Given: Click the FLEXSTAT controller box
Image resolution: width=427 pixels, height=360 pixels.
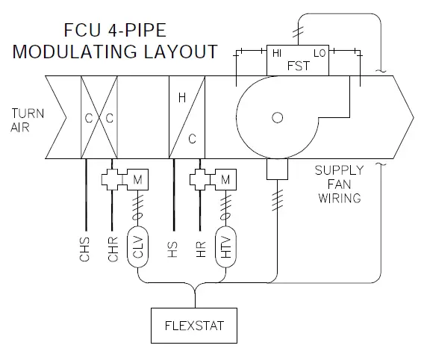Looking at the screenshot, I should pyautogui.click(x=196, y=326).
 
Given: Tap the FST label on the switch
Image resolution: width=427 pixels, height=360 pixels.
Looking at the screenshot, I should pyautogui.click(x=299, y=65).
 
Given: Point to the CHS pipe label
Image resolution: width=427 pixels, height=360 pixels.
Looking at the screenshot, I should pyautogui.click(x=84, y=250).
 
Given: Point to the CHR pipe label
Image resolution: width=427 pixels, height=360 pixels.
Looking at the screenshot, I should pyautogui.click(x=113, y=250).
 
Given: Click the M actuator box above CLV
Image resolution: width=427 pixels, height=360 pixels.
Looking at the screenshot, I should pyautogui.click(x=137, y=180).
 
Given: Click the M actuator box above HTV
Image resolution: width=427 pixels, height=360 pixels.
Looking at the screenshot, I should pyautogui.click(x=225, y=180).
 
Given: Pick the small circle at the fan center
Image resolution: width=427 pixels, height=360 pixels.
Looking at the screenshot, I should pyautogui.click(x=278, y=117).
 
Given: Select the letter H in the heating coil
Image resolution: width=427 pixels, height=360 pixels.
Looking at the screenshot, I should pyautogui.click(x=181, y=97).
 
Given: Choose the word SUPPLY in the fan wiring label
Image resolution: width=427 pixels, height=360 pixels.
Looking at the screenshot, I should pyautogui.click(x=338, y=171).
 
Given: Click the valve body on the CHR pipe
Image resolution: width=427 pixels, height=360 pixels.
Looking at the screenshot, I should pyautogui.click(x=114, y=180).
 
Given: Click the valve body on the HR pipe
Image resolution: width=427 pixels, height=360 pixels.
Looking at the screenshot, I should pyautogui.click(x=202, y=180).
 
